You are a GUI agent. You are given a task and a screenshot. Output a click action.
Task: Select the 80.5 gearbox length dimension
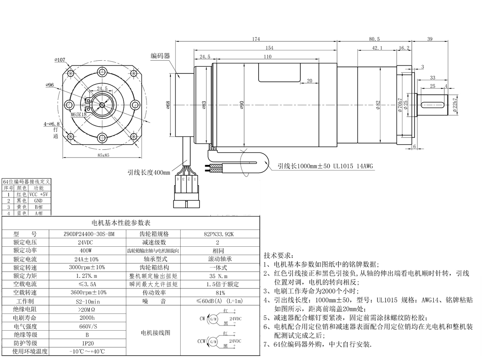tap(374, 39)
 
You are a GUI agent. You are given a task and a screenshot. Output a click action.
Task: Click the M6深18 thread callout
tap(78, 115)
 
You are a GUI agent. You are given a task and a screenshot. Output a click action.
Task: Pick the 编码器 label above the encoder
tap(160, 56)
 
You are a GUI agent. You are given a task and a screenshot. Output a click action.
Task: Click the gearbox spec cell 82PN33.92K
tap(218, 234)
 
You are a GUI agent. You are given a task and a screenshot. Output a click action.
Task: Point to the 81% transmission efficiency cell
tap(218, 292)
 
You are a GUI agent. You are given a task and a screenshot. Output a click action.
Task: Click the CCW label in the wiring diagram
tap(201, 341)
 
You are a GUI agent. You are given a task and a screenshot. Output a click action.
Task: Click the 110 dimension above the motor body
tap(267, 56)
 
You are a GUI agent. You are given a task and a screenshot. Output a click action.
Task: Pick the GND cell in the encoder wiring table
tap(39, 200)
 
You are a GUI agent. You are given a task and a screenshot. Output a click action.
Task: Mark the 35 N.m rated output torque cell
tap(218, 276)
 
